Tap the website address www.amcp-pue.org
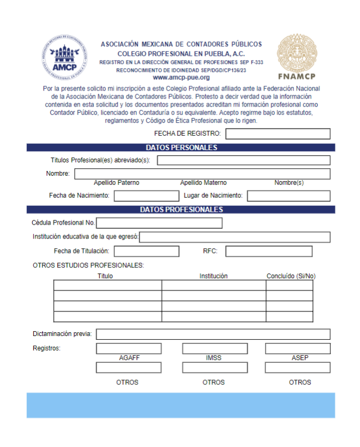[181, 78]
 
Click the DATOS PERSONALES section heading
[181, 147]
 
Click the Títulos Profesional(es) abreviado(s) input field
[243, 160]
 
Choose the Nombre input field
[202, 174]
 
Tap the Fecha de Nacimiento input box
[138, 196]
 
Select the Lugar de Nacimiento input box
[288, 196]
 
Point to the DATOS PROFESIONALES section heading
[181, 210]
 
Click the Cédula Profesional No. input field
[159, 223]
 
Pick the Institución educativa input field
[234, 237]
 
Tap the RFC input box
[268, 251]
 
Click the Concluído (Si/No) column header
[291, 276]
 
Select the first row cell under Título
[107, 285]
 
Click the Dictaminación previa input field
[212, 334]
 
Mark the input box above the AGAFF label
[129, 348]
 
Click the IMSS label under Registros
[214, 358]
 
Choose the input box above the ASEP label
[297, 348]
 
